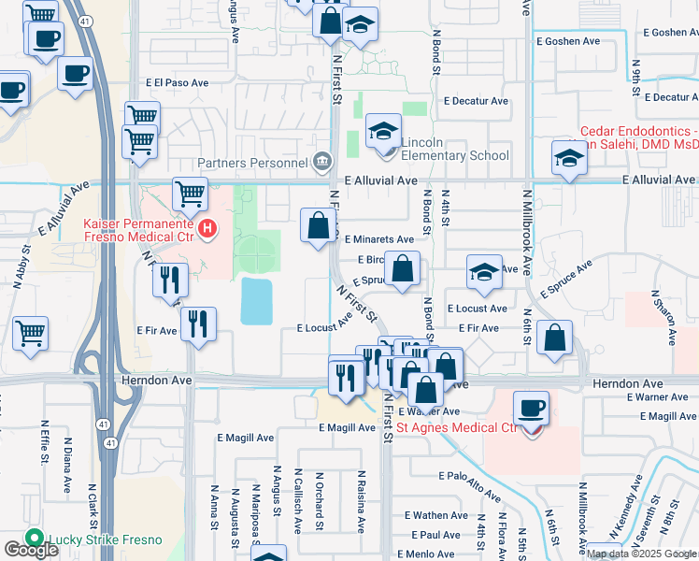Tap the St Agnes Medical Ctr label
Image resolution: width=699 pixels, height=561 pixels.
[457, 427]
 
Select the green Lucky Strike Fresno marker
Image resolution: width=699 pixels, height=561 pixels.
[36, 539]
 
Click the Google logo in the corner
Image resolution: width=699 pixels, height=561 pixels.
[31, 550]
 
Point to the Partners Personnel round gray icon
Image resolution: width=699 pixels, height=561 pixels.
[323, 161]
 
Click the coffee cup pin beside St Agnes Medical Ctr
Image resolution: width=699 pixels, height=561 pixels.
[531, 409]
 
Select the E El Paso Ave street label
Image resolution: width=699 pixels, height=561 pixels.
[177, 82]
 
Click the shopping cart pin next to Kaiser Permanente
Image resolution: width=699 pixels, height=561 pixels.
[191, 194]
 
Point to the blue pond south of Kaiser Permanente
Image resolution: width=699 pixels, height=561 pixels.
[257, 300]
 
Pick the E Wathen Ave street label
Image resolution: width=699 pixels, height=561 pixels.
[436, 515]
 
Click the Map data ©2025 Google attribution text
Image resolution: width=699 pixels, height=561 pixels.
[641, 553]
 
